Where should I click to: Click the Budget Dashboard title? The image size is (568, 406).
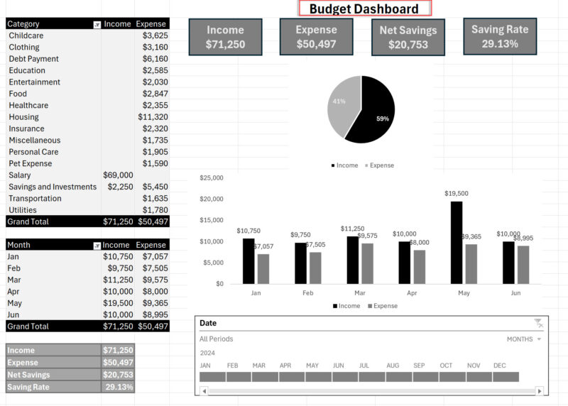(x=364, y=9)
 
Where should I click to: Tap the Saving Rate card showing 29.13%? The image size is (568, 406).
(x=500, y=36)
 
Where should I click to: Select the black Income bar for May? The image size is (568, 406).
(x=457, y=242)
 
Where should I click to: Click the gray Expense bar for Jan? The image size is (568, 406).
(x=263, y=268)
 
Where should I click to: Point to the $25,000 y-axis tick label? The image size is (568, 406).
(x=212, y=177)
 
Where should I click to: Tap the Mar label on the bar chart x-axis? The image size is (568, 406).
(x=360, y=292)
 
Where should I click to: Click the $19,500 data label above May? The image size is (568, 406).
(x=457, y=193)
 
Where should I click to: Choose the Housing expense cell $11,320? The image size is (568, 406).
(x=153, y=117)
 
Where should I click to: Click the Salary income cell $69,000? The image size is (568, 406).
(x=118, y=175)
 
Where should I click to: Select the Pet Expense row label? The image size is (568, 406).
(x=31, y=163)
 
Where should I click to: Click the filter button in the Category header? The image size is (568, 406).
(x=97, y=24)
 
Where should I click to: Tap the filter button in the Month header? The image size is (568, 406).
(x=97, y=245)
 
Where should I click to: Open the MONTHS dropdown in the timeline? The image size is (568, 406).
(x=524, y=339)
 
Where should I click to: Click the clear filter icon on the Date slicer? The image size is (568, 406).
(x=539, y=323)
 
